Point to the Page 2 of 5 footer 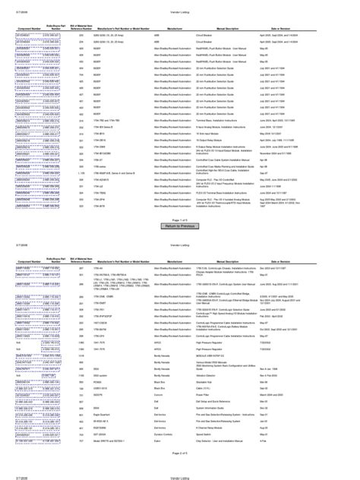click(180, 453)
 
